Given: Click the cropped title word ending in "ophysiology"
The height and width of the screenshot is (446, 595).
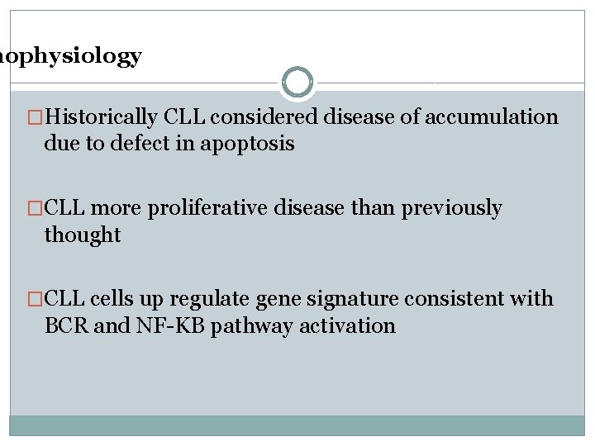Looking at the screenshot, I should click(x=71, y=56).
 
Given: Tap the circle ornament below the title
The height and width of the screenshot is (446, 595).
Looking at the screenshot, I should click(x=297, y=82).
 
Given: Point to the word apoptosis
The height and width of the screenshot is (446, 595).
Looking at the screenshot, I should click(x=248, y=145).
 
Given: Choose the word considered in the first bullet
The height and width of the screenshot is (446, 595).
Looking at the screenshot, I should click(x=265, y=117).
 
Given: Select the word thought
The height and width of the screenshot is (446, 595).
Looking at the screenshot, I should click(x=83, y=235).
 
